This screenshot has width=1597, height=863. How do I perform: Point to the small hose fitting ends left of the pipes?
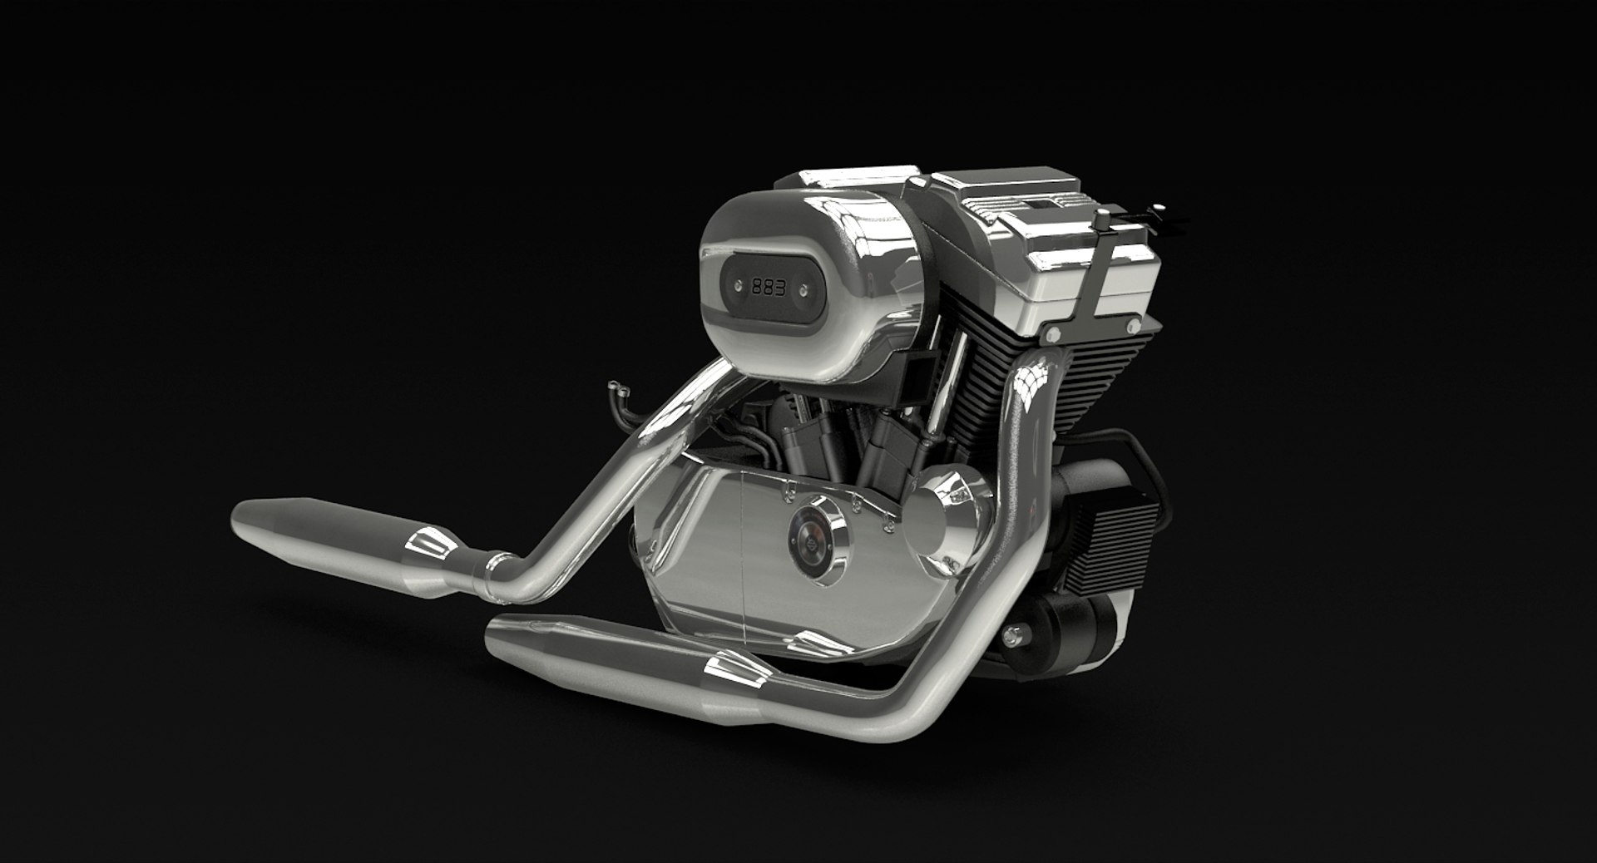[x=616, y=387]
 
